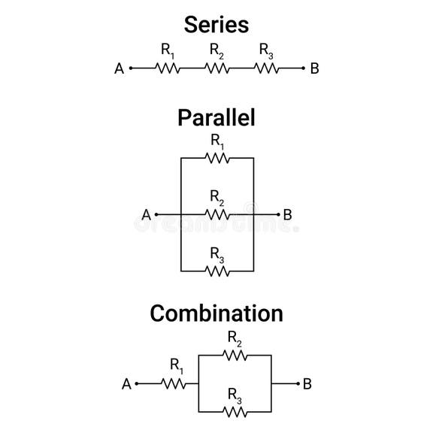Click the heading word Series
pyautogui.click(x=216, y=24)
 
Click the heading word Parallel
pyautogui.click(x=216, y=117)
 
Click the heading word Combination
pyautogui.click(x=216, y=313)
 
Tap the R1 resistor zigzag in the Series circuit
pyautogui.click(x=168, y=68)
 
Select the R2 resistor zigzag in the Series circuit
pyautogui.click(x=216, y=68)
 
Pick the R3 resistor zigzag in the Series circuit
pyautogui.click(x=266, y=68)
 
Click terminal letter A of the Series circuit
pyautogui.click(x=119, y=69)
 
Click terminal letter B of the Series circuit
pyautogui.click(x=314, y=69)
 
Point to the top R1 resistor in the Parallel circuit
pyautogui.click(x=217, y=158)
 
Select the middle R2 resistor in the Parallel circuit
pyautogui.click(x=217, y=215)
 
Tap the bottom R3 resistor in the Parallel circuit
pyautogui.click(x=217, y=271)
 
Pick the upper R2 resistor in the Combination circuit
pyautogui.click(x=235, y=355)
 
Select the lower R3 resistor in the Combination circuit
pyautogui.click(x=235, y=411)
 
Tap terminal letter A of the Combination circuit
pyautogui.click(x=126, y=384)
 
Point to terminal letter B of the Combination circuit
pyautogui.click(x=307, y=384)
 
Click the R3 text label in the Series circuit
pyautogui.click(x=266, y=50)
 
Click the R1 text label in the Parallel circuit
pyautogui.click(x=217, y=141)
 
